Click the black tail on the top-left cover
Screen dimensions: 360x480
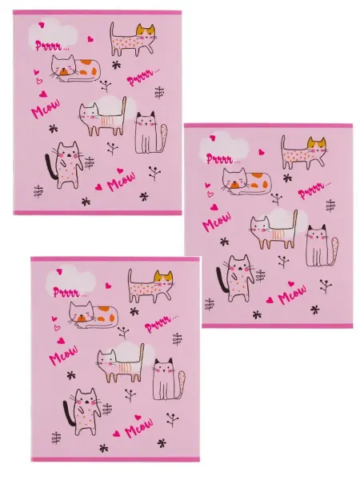click(x=50, y=167)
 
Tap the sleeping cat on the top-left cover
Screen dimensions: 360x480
click(x=76, y=69)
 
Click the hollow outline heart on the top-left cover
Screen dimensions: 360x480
click(x=39, y=82)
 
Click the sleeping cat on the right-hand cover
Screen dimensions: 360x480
click(x=246, y=182)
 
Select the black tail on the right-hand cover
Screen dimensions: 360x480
click(x=222, y=280)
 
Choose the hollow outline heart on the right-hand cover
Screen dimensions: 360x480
click(x=210, y=194)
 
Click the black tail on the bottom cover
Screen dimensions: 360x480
click(x=69, y=414)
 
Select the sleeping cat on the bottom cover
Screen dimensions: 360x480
click(x=94, y=315)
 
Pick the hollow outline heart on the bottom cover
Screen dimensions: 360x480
click(x=58, y=328)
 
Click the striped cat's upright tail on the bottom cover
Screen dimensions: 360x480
click(x=141, y=362)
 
